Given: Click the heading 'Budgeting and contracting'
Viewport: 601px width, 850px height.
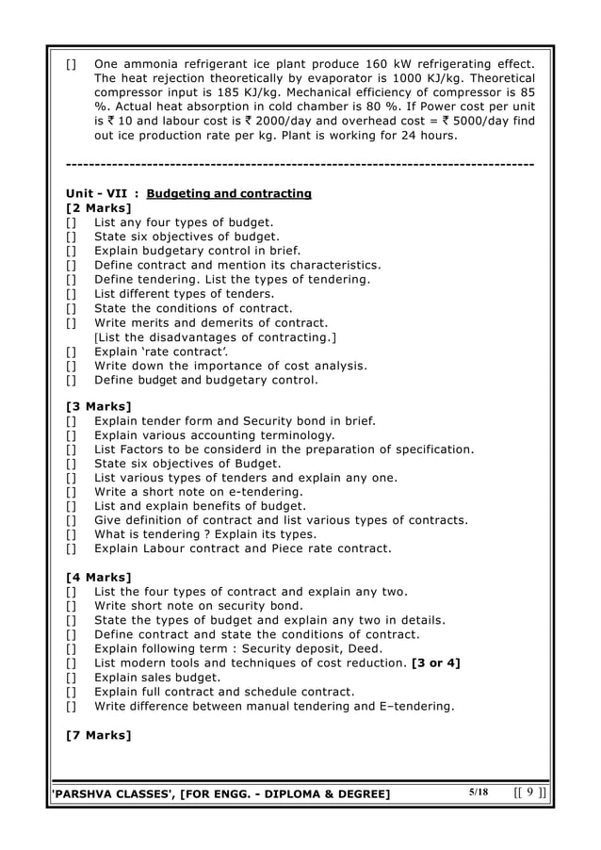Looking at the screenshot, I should (236, 193).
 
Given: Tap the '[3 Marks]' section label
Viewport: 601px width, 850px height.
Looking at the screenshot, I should (99, 406).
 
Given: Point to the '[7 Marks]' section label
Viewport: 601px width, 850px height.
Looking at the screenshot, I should (99, 734).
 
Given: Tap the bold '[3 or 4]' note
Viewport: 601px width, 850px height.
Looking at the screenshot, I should (436, 663).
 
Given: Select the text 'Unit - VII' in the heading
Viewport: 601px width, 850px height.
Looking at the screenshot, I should (98, 193).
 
